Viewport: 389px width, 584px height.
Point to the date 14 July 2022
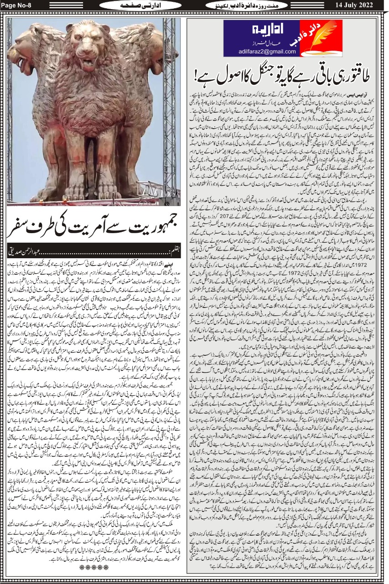(355, 5)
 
